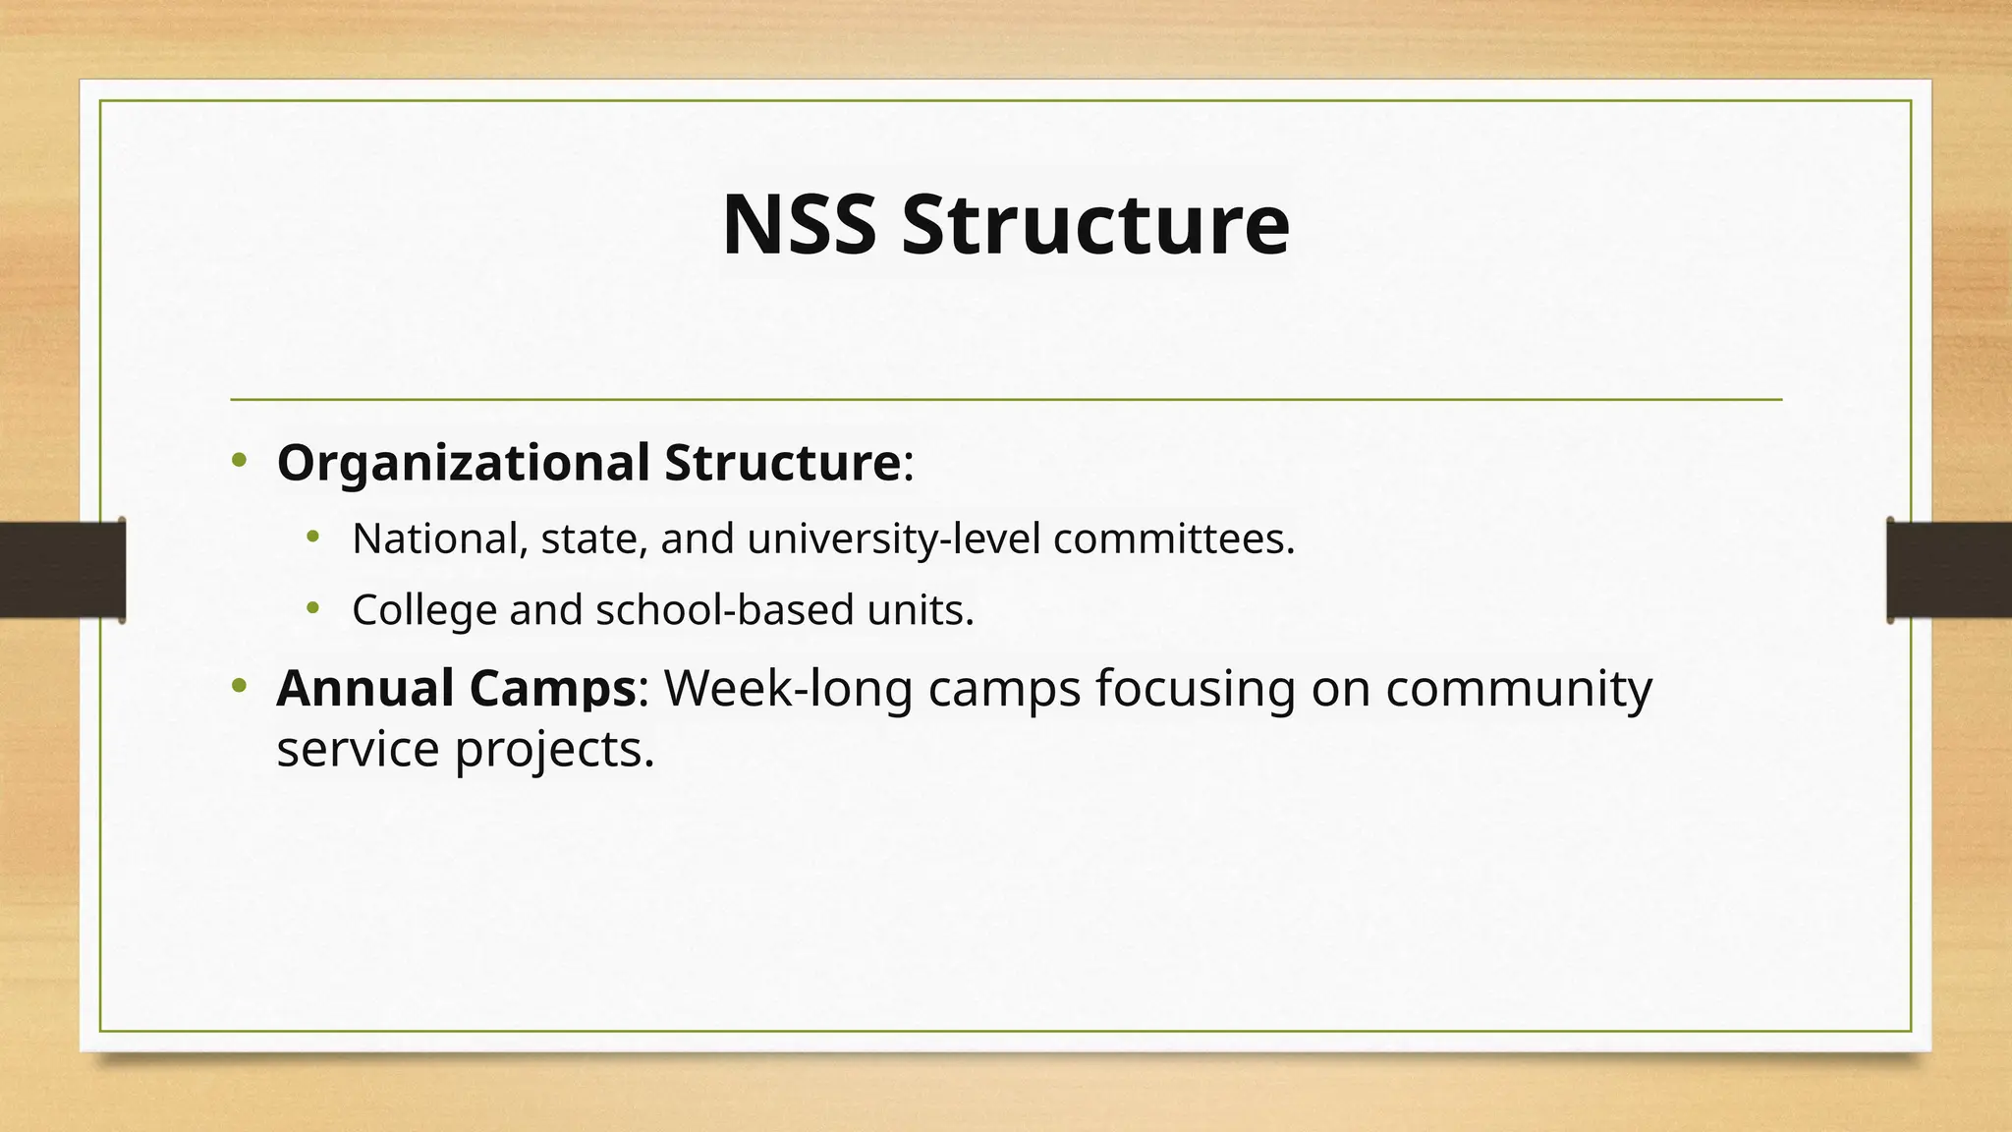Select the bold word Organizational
pyautogui.click(x=463, y=463)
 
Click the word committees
pyautogui.click(x=1174, y=538)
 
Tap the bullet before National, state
pyautogui.click(x=312, y=537)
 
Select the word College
pyautogui.click(x=424, y=610)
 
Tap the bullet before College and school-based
pyautogui.click(x=312, y=608)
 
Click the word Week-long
pyautogui.click(x=788, y=688)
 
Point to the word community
pyautogui.click(x=1519, y=688)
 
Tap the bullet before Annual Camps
pyautogui.click(x=239, y=686)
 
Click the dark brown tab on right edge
pyautogui.click(x=1949, y=570)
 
